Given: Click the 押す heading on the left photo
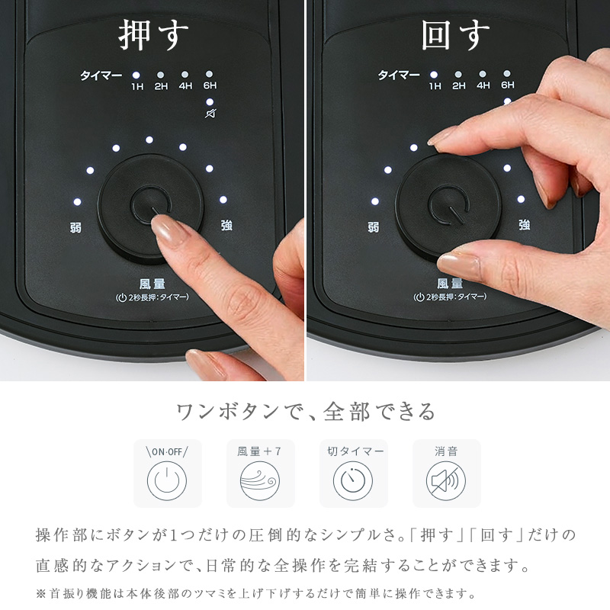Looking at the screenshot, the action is pos(153,35).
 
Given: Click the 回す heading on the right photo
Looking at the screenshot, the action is pos(455,35).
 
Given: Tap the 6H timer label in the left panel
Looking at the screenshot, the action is pos(210,85).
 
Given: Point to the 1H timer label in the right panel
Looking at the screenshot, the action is pos(435,85).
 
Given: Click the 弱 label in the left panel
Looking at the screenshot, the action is pos(75,227).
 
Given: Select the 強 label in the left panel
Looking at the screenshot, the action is pos(226,225).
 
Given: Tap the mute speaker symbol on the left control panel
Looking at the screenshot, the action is pos(210,114).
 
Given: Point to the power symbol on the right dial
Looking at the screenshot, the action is pos(448,204).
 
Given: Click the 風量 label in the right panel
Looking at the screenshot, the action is pos(450,284).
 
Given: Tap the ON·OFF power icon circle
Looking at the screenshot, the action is pos(167,481).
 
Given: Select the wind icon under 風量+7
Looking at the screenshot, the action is pos(260,481).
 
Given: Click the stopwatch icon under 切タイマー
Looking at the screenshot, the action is pos(353,481).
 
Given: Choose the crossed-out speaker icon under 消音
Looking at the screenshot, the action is pos(446,481).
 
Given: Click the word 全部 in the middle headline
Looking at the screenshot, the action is pos(346,412).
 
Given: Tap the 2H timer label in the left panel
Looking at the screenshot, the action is pos(161,86).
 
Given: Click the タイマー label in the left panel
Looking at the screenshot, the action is pos(101,75).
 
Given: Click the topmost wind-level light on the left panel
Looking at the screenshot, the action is pos(149,140).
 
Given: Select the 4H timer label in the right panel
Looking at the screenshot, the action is pos(483,85).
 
